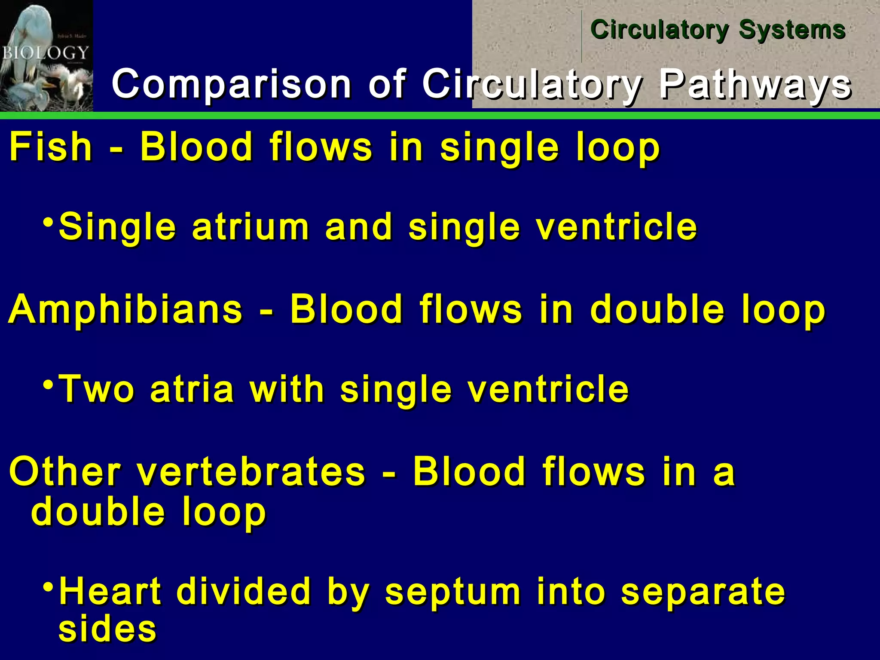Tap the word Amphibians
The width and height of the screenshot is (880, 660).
125,309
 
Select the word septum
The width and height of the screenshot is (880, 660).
452,592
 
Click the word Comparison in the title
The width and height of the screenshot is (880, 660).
232,84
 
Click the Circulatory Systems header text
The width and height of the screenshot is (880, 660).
718,30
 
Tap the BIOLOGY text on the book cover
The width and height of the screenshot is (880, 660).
45,53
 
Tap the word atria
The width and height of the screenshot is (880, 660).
192,389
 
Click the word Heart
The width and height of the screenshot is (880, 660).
110,592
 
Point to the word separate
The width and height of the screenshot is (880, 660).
703,592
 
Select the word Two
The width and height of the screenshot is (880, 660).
96,389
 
